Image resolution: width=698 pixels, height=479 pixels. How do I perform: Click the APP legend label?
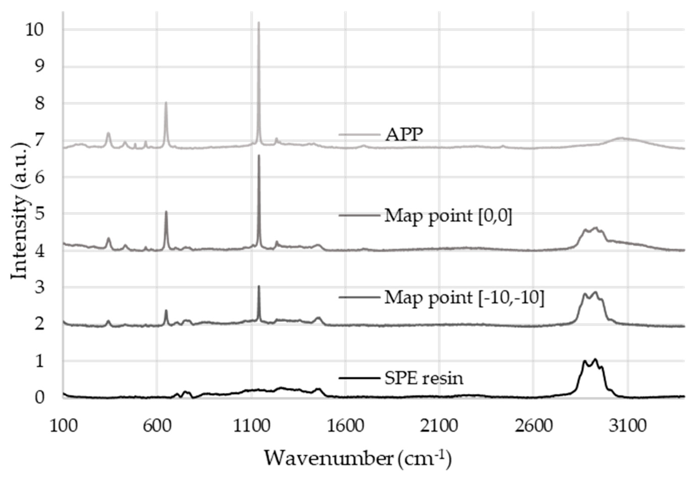[404, 135]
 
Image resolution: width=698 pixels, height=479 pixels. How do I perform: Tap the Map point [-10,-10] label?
[464, 298]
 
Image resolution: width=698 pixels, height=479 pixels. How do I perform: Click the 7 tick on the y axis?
[39, 140]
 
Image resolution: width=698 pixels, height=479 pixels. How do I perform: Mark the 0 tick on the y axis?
[39, 398]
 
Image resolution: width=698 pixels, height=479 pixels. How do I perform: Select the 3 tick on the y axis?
[39, 287]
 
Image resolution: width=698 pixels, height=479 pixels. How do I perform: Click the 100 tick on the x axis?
[63, 427]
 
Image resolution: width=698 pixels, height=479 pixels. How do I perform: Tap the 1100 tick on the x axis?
[251, 427]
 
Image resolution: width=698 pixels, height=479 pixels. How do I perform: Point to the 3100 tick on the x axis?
[627, 427]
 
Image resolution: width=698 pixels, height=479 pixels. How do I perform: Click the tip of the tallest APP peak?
[258, 22]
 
